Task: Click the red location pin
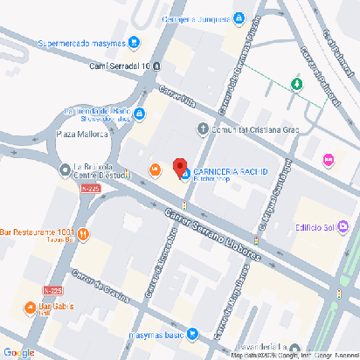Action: (180, 167)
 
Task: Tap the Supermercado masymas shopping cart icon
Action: (134, 40)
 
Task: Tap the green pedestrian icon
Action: (296, 84)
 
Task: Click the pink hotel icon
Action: (329, 160)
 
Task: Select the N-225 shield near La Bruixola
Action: (89, 188)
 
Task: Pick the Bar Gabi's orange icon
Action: (31, 307)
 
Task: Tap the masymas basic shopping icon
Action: (193, 334)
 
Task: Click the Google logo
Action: (18, 351)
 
